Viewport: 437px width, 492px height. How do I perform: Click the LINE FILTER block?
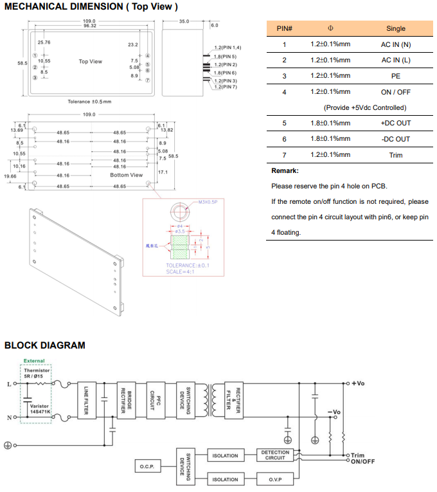tap(86, 399)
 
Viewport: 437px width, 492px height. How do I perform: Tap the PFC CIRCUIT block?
tap(153, 399)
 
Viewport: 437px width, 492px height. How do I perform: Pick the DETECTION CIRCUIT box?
tap(275, 455)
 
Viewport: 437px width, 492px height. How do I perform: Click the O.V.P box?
tap(275, 480)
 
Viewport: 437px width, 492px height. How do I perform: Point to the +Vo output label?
tap(358, 383)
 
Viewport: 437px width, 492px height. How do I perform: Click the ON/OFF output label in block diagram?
tap(363, 462)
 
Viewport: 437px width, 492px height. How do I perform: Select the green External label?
tap(34, 361)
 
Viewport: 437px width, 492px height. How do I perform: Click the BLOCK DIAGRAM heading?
tap(44, 345)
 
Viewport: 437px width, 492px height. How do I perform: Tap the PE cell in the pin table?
tap(396, 76)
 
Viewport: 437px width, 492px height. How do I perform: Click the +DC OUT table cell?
tap(396, 123)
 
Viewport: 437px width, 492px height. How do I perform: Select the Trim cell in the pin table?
tap(396, 155)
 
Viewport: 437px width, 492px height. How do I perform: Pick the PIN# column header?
tap(284, 28)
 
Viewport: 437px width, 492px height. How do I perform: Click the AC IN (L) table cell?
tap(396, 60)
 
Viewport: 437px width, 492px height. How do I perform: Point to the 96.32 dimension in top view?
tap(90, 26)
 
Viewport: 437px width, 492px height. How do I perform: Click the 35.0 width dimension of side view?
tap(184, 21)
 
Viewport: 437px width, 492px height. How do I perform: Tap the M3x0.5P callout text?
tap(208, 202)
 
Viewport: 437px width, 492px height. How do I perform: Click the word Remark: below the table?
tap(285, 171)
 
